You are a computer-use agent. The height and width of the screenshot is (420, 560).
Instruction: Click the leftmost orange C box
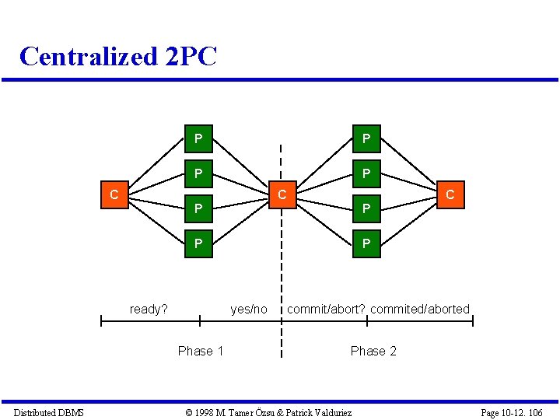(114, 194)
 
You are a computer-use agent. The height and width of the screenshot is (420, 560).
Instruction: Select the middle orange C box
(283, 194)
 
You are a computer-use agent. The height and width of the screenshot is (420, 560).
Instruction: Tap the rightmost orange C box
(450, 194)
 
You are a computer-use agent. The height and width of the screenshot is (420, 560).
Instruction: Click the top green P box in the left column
(198, 139)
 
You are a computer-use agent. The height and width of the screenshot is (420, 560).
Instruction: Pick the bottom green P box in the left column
(198, 244)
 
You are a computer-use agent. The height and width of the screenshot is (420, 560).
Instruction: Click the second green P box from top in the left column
(198, 173)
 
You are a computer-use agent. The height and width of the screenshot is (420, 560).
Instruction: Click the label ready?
(149, 310)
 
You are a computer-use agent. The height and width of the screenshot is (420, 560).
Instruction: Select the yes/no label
(249, 310)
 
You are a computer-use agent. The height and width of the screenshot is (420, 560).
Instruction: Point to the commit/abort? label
(326, 310)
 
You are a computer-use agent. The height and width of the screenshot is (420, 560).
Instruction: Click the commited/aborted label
(420, 310)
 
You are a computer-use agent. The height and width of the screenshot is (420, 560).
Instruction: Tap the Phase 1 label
(201, 352)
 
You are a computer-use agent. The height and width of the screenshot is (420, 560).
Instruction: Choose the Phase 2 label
(373, 352)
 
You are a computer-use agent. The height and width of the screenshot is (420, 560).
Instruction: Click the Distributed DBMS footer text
(48, 413)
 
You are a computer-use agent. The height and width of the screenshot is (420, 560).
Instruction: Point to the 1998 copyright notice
(268, 413)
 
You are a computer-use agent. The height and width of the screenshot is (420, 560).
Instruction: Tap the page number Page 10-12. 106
(511, 413)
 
